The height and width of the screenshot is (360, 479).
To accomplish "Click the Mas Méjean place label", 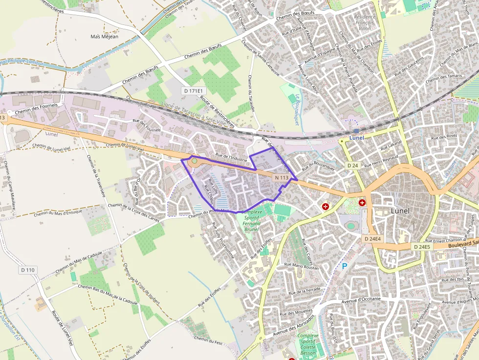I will click(105, 37).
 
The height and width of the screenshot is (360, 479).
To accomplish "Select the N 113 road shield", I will click(281, 178).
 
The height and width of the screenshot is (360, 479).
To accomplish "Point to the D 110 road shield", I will click(28, 270).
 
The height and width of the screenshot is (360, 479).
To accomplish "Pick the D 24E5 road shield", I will click(422, 247).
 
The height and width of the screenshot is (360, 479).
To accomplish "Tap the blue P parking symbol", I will click(345, 267).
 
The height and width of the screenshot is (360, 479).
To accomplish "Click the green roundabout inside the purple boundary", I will click(195, 161).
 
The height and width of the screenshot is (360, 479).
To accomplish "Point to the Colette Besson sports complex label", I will click(308, 344).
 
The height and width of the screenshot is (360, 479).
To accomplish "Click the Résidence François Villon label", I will click(365, 22).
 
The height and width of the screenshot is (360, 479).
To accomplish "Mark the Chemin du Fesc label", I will click(208, 339).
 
